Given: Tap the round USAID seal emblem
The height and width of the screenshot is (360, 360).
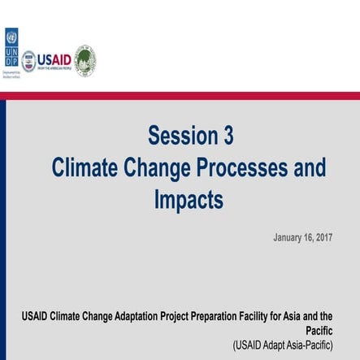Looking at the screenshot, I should pos(28,61).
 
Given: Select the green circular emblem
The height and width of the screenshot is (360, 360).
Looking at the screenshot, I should pos(85,61).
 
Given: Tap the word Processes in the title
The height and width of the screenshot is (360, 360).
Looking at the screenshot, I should pos(237,167).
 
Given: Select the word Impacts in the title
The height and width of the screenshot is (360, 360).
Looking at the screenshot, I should pos(188,199).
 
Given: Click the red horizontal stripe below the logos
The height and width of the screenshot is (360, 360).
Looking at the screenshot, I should pos(180,95).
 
